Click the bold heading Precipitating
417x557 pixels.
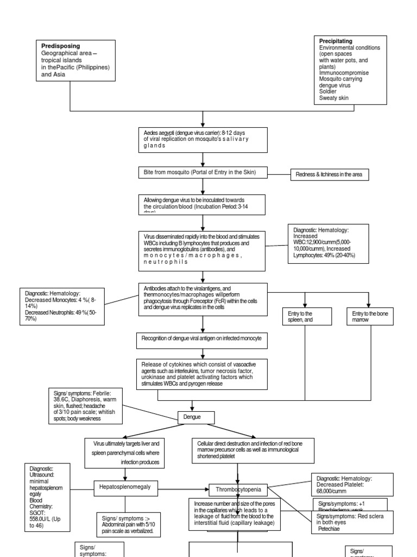[336, 41]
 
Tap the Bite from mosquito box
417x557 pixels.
[202, 173]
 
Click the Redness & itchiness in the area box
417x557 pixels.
[330, 175]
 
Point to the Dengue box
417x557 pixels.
[196, 418]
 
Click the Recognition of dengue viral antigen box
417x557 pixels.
[202, 339]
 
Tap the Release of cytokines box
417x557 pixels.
[202, 374]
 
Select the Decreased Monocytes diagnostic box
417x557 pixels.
[61, 306]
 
